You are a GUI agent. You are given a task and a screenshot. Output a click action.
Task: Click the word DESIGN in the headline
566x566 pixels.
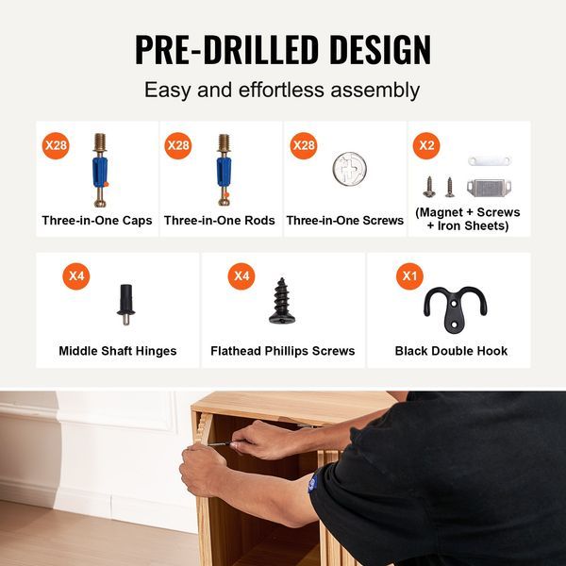coord(380,49)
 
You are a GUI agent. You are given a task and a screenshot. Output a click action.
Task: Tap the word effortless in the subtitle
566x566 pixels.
coord(281,90)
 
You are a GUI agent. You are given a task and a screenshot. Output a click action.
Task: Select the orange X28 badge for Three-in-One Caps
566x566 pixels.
coord(56,145)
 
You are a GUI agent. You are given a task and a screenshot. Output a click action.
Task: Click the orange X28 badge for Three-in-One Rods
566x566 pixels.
coord(178,145)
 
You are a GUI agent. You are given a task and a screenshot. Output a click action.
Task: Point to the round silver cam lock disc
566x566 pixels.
coord(349,169)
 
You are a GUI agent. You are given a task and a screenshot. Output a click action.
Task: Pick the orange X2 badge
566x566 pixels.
coord(426,145)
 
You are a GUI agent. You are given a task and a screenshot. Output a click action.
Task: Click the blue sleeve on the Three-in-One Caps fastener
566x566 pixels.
coord(100,172)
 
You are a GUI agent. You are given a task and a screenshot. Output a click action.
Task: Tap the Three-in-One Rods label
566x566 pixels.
coord(220,220)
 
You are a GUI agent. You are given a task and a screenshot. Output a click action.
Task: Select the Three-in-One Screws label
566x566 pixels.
coord(344,220)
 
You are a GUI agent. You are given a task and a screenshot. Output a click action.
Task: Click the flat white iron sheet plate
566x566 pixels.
coord(490,160)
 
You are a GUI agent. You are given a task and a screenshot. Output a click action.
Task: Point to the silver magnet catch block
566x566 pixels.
coord(489,188)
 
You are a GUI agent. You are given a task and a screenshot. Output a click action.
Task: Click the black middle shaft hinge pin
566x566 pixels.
coord(126,305)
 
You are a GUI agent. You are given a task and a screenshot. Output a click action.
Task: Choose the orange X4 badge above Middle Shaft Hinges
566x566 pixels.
coord(76,276)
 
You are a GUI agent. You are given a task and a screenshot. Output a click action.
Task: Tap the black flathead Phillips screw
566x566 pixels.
coord(282,301)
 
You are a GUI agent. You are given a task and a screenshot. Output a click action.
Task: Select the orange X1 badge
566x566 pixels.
coord(409,276)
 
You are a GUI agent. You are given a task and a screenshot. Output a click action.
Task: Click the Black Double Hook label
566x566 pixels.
coord(451,351)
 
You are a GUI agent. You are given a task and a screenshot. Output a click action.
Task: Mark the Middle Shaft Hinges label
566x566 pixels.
coord(118,351)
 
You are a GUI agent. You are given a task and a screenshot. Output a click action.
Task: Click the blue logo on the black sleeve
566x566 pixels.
coord(312,483)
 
